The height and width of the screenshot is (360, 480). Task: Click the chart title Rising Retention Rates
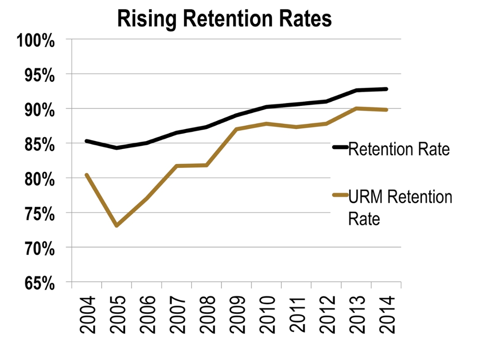(x=224, y=19)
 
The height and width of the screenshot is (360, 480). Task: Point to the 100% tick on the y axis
(x=36, y=40)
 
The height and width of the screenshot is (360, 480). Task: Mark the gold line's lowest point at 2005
(x=116, y=225)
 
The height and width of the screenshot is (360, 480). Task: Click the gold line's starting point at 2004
(x=86, y=175)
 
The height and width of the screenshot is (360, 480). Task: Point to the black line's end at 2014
(x=386, y=89)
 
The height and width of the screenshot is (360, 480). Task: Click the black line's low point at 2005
(x=116, y=148)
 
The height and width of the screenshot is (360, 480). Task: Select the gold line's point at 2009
(x=236, y=129)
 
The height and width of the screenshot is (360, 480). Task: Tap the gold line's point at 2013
(x=356, y=108)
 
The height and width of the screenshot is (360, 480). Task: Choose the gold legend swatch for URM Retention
(x=340, y=194)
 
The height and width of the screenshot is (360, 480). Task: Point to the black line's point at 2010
(x=266, y=107)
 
